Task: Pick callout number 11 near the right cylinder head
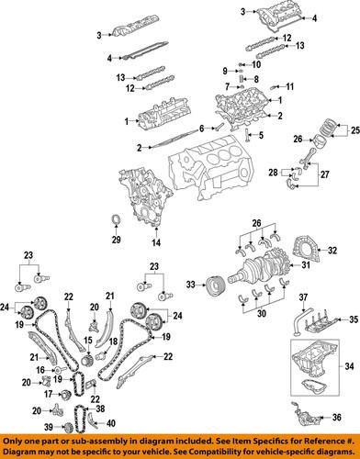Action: (289, 87)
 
